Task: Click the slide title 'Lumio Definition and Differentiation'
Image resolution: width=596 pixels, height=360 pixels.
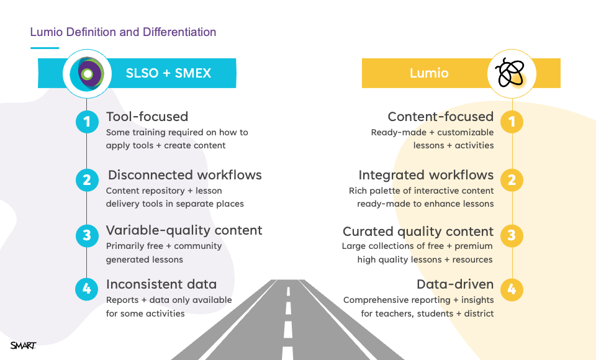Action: pos(123,32)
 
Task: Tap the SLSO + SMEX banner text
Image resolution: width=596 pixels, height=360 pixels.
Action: pos(168,73)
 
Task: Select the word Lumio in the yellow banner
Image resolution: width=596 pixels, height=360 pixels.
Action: pos(429,73)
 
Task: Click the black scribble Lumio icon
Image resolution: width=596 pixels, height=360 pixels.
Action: pos(510,72)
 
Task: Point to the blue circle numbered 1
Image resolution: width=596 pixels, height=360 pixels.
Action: pos(87,122)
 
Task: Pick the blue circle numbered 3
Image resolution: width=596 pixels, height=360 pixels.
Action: pos(87,236)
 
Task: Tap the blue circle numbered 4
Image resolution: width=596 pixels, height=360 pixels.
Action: pos(87,289)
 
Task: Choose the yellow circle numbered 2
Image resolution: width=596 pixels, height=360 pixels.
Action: pos(512,180)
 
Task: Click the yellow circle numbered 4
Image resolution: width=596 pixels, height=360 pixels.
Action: pos(512,290)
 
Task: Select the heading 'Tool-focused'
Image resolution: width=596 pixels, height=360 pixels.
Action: pos(147,116)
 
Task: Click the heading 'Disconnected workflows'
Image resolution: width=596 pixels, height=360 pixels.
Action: pos(185,175)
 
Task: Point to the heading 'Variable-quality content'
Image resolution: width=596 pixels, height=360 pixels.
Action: pos(184,230)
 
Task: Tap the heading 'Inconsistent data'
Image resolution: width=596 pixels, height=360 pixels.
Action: pos(161,284)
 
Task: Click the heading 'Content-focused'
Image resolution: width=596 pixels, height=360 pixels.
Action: pos(441,116)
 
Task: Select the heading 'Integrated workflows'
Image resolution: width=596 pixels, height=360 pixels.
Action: pos(426,175)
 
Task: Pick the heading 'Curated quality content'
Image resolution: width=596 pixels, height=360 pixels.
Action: pos(418,232)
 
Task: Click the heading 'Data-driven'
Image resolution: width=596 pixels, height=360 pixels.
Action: pos(455,284)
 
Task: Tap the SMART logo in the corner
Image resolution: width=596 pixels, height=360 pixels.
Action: pos(23,346)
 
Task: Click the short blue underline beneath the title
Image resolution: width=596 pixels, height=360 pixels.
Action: pos(45,48)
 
